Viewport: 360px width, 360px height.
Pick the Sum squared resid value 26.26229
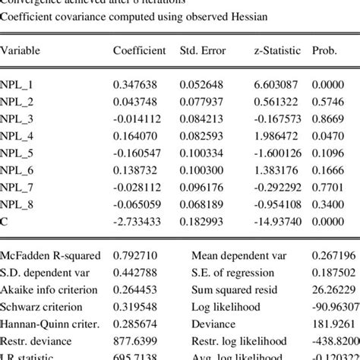[333, 289]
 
